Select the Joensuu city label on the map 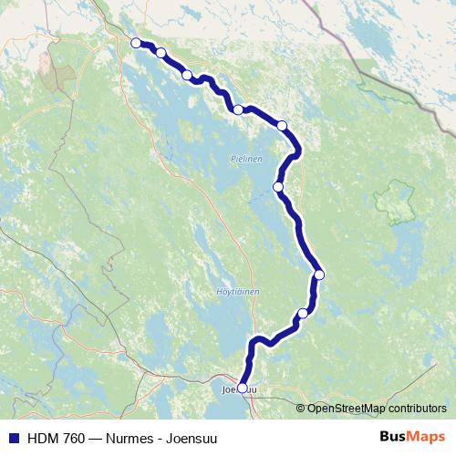240,389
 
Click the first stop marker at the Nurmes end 136,43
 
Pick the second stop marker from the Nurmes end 161,53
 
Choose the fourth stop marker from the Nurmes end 238,109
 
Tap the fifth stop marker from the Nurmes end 282,125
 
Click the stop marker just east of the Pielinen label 278,187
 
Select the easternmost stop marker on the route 319,274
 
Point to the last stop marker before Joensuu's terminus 303,314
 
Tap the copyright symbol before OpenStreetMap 301,409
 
